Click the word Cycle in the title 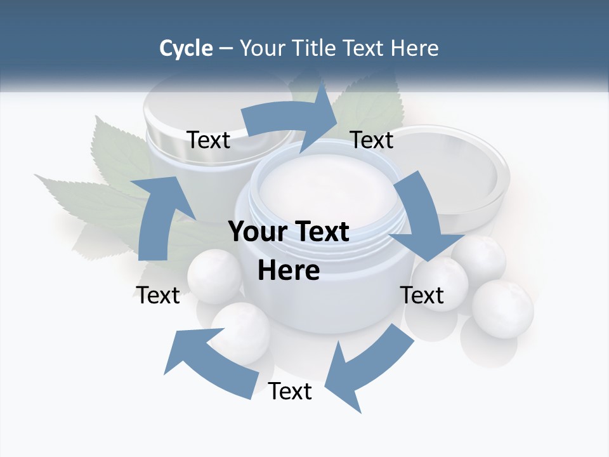click(x=186, y=48)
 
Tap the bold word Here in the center click(x=289, y=270)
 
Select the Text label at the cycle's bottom click(x=290, y=392)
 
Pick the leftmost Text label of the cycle click(x=158, y=295)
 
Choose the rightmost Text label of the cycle click(x=422, y=295)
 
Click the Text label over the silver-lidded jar click(x=208, y=140)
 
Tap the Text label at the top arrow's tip click(x=372, y=140)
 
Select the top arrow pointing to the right click(x=289, y=121)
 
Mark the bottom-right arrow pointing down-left click(x=368, y=368)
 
